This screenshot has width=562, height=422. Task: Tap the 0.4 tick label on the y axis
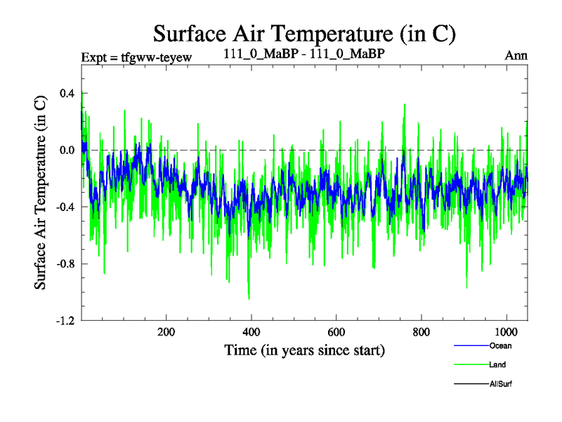tap(67, 93)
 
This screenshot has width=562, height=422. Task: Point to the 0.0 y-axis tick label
tap(67, 150)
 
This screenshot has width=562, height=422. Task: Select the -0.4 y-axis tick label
tap(65, 207)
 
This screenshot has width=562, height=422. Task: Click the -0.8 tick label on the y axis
tap(65, 264)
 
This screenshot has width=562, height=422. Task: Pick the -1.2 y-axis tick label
tap(65, 321)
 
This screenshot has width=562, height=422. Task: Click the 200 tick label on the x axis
tap(166, 333)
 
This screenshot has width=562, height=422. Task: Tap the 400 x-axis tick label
tap(251, 333)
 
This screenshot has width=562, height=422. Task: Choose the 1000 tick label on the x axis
tap(506, 333)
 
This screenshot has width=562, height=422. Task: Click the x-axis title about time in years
tap(305, 350)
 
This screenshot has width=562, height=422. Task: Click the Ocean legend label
tap(500, 345)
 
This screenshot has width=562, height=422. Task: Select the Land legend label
tap(497, 365)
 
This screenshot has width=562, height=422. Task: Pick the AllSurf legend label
tap(502, 384)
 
